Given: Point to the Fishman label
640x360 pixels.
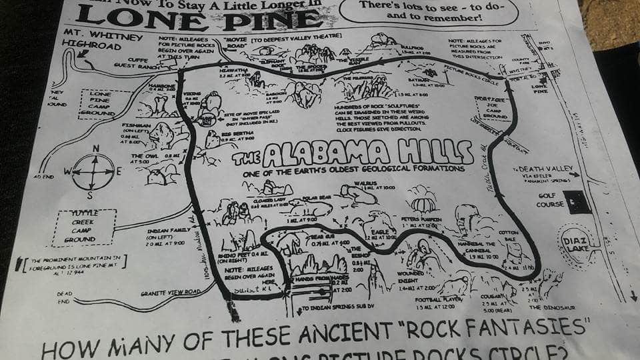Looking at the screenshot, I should (x=137, y=125).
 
